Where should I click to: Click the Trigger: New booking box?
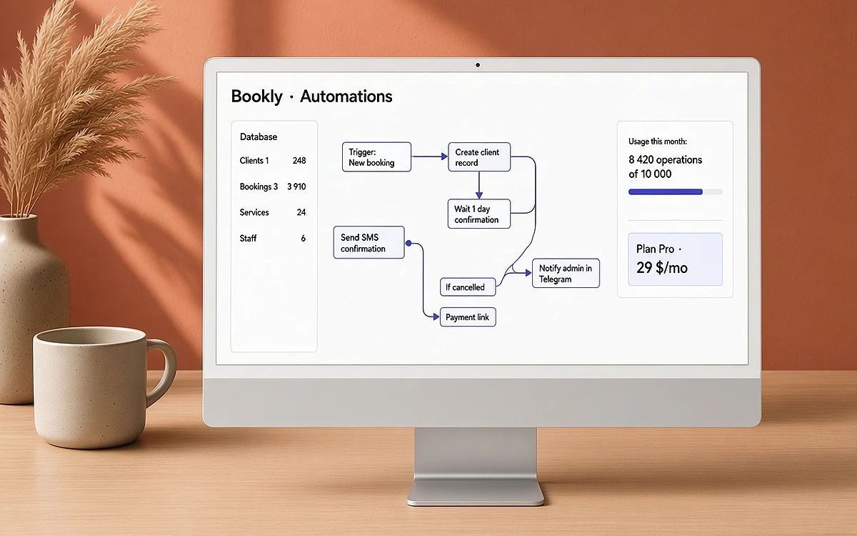pyautogui.click(x=376, y=157)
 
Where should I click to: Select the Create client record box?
pyautogui.click(x=479, y=157)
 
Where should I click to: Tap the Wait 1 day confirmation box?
pyautogui.click(x=479, y=214)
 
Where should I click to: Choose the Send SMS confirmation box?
pyautogui.click(x=369, y=242)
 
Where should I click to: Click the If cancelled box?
pyautogui.click(x=468, y=287)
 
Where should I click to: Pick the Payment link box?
pyautogui.click(x=468, y=317)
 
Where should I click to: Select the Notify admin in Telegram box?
pyautogui.click(x=566, y=273)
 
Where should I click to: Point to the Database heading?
pyautogui.click(x=259, y=137)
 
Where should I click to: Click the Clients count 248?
pyautogui.click(x=299, y=160)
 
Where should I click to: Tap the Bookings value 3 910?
pyautogui.click(x=296, y=187)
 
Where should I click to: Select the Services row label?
pyautogui.click(x=254, y=212)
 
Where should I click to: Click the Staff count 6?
pyautogui.click(x=303, y=238)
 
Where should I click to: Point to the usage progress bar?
pyautogui.click(x=676, y=192)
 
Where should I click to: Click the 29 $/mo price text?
pyautogui.click(x=662, y=267)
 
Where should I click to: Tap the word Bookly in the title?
pyautogui.click(x=256, y=96)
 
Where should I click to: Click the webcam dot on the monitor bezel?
pyautogui.click(x=478, y=65)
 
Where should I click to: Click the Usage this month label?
pyautogui.click(x=657, y=142)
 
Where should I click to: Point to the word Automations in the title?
pyautogui.click(x=346, y=96)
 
